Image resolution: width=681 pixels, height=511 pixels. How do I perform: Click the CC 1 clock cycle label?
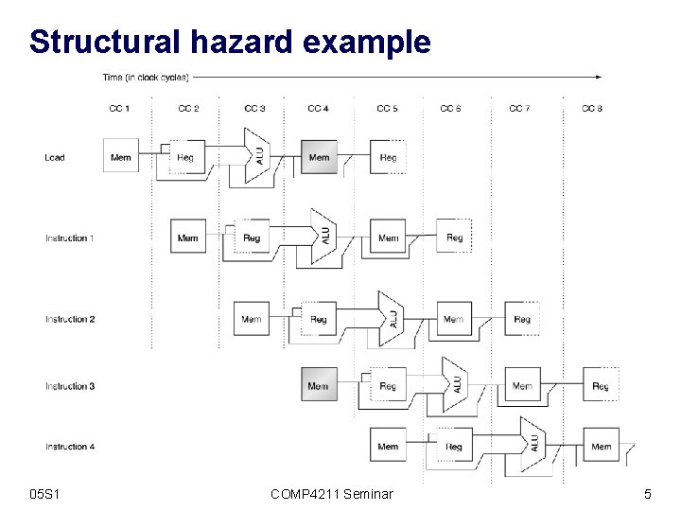click(119, 109)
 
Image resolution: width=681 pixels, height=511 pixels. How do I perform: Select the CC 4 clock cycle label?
click(319, 109)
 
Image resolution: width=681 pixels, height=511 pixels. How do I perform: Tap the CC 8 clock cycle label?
click(592, 109)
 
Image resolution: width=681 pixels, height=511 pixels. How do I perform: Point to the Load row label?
click(55, 157)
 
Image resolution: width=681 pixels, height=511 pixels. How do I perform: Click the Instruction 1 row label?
click(69, 238)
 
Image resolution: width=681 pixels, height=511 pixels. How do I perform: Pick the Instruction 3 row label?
click(69, 386)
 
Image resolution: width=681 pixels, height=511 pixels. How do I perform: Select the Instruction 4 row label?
click(69, 447)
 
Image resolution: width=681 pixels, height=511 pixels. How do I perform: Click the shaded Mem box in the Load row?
click(320, 157)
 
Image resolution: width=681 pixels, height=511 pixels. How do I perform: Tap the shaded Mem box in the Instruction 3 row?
click(318, 386)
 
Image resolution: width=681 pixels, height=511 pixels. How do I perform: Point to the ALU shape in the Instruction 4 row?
click(533, 443)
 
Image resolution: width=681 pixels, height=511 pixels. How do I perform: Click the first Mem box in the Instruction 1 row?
click(187, 238)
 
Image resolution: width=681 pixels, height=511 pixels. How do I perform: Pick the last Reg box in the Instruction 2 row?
click(522, 320)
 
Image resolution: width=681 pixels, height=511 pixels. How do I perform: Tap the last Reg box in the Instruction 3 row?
click(601, 386)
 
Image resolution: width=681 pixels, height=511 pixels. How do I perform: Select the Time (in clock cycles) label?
click(146, 77)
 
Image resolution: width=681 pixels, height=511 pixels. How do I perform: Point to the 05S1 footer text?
click(45, 493)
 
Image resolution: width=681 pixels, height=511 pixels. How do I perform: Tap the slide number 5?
click(647, 493)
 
